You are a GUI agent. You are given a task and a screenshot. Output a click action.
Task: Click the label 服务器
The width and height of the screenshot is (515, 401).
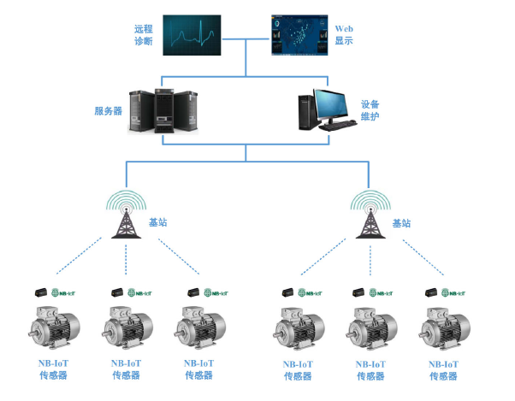tap(109, 110)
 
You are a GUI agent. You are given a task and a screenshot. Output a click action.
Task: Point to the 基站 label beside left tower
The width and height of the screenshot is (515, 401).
tap(158, 222)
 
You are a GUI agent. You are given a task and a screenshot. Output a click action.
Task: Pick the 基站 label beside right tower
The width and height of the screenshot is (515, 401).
tap(402, 222)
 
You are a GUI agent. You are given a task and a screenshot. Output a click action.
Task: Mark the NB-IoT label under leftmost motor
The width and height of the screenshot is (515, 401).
tap(53, 363)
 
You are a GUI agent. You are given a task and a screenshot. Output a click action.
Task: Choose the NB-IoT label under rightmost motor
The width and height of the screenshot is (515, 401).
tap(444, 363)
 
